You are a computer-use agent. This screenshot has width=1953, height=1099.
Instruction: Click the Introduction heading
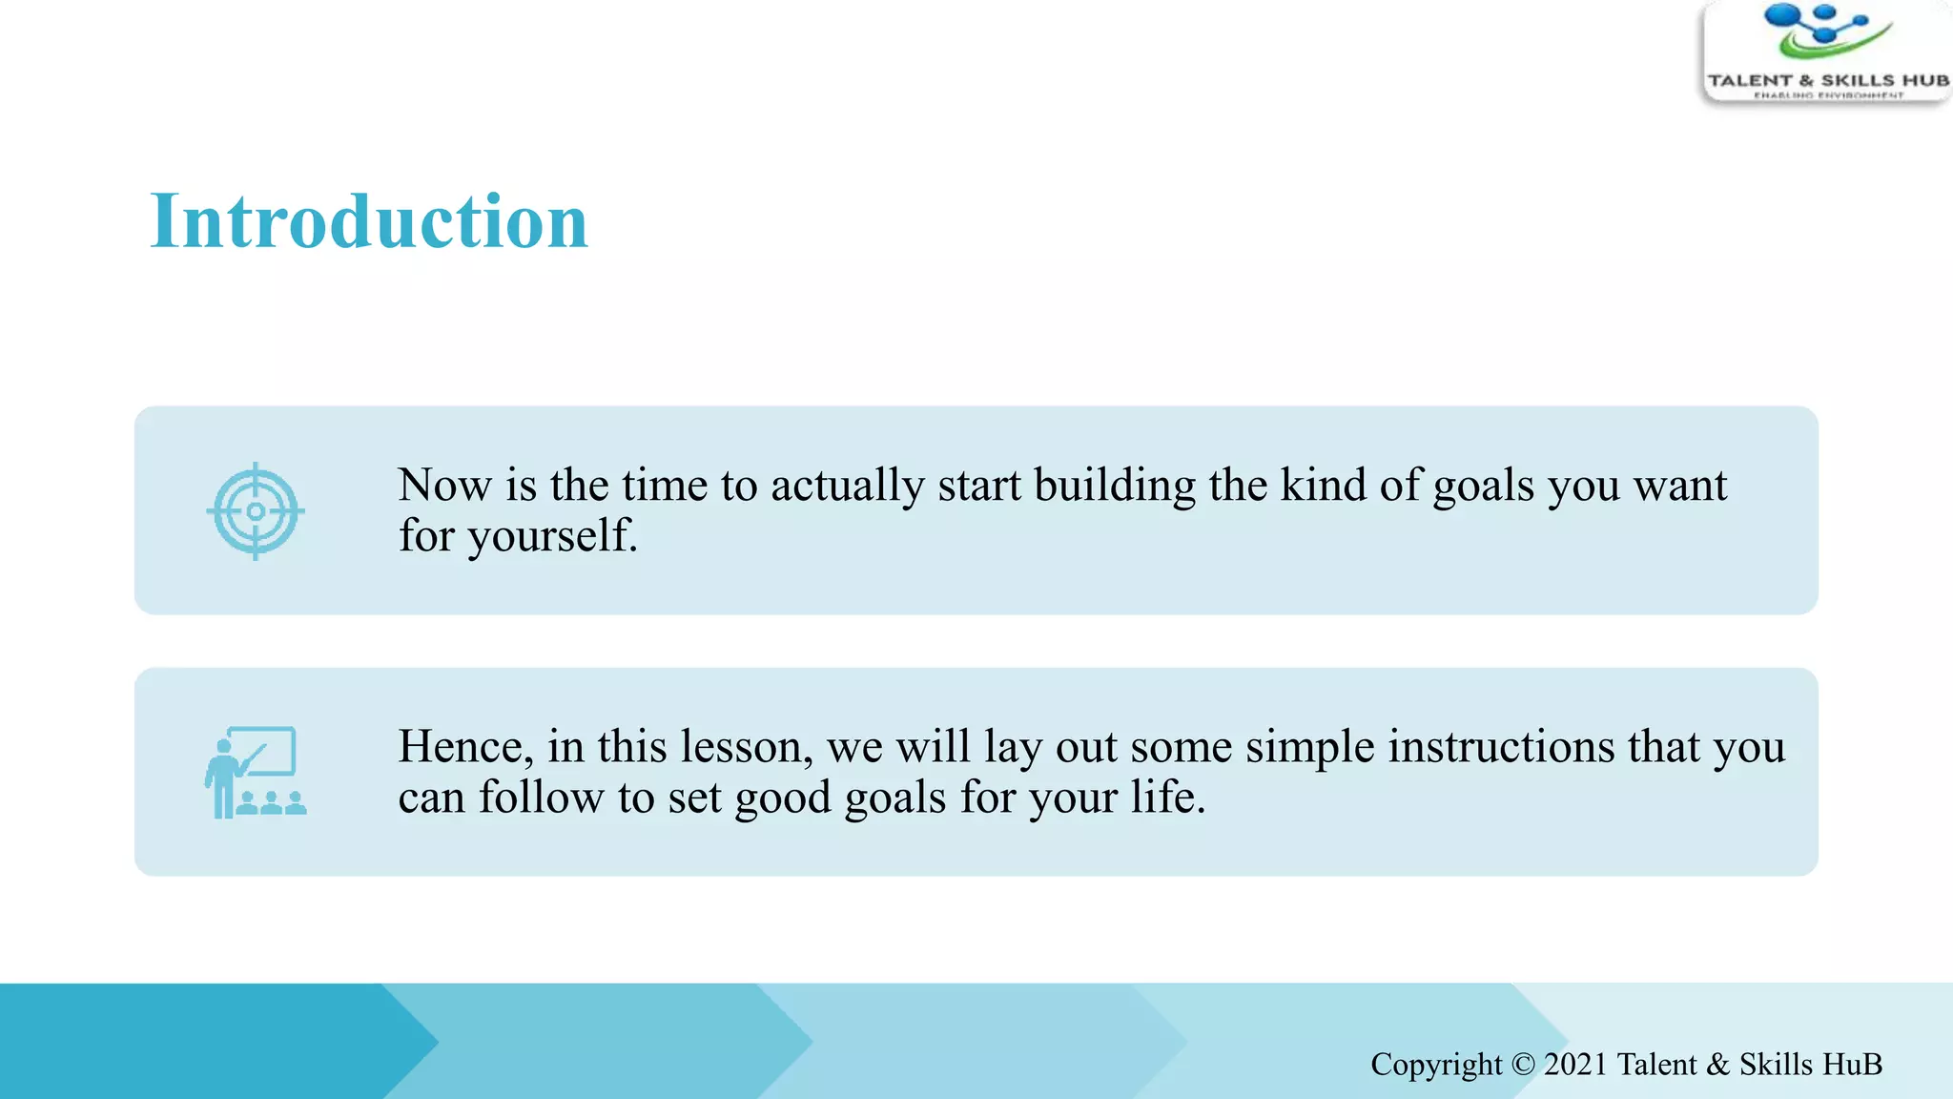(x=369, y=221)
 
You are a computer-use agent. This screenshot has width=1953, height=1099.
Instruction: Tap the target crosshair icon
(x=256, y=511)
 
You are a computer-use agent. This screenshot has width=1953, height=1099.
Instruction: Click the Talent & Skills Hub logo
(x=1826, y=52)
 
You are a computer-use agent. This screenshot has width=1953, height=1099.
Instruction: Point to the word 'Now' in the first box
(x=444, y=486)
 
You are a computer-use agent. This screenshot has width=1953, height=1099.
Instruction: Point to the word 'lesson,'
(x=746, y=747)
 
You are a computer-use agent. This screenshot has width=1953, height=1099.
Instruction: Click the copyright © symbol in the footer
(x=1523, y=1065)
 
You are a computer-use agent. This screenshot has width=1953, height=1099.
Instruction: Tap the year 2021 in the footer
(x=1576, y=1065)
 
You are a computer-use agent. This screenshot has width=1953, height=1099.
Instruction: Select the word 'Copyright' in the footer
(x=1436, y=1065)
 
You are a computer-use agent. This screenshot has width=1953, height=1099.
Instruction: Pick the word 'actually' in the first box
(x=847, y=486)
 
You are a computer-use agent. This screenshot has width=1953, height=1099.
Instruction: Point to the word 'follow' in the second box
(x=541, y=798)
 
